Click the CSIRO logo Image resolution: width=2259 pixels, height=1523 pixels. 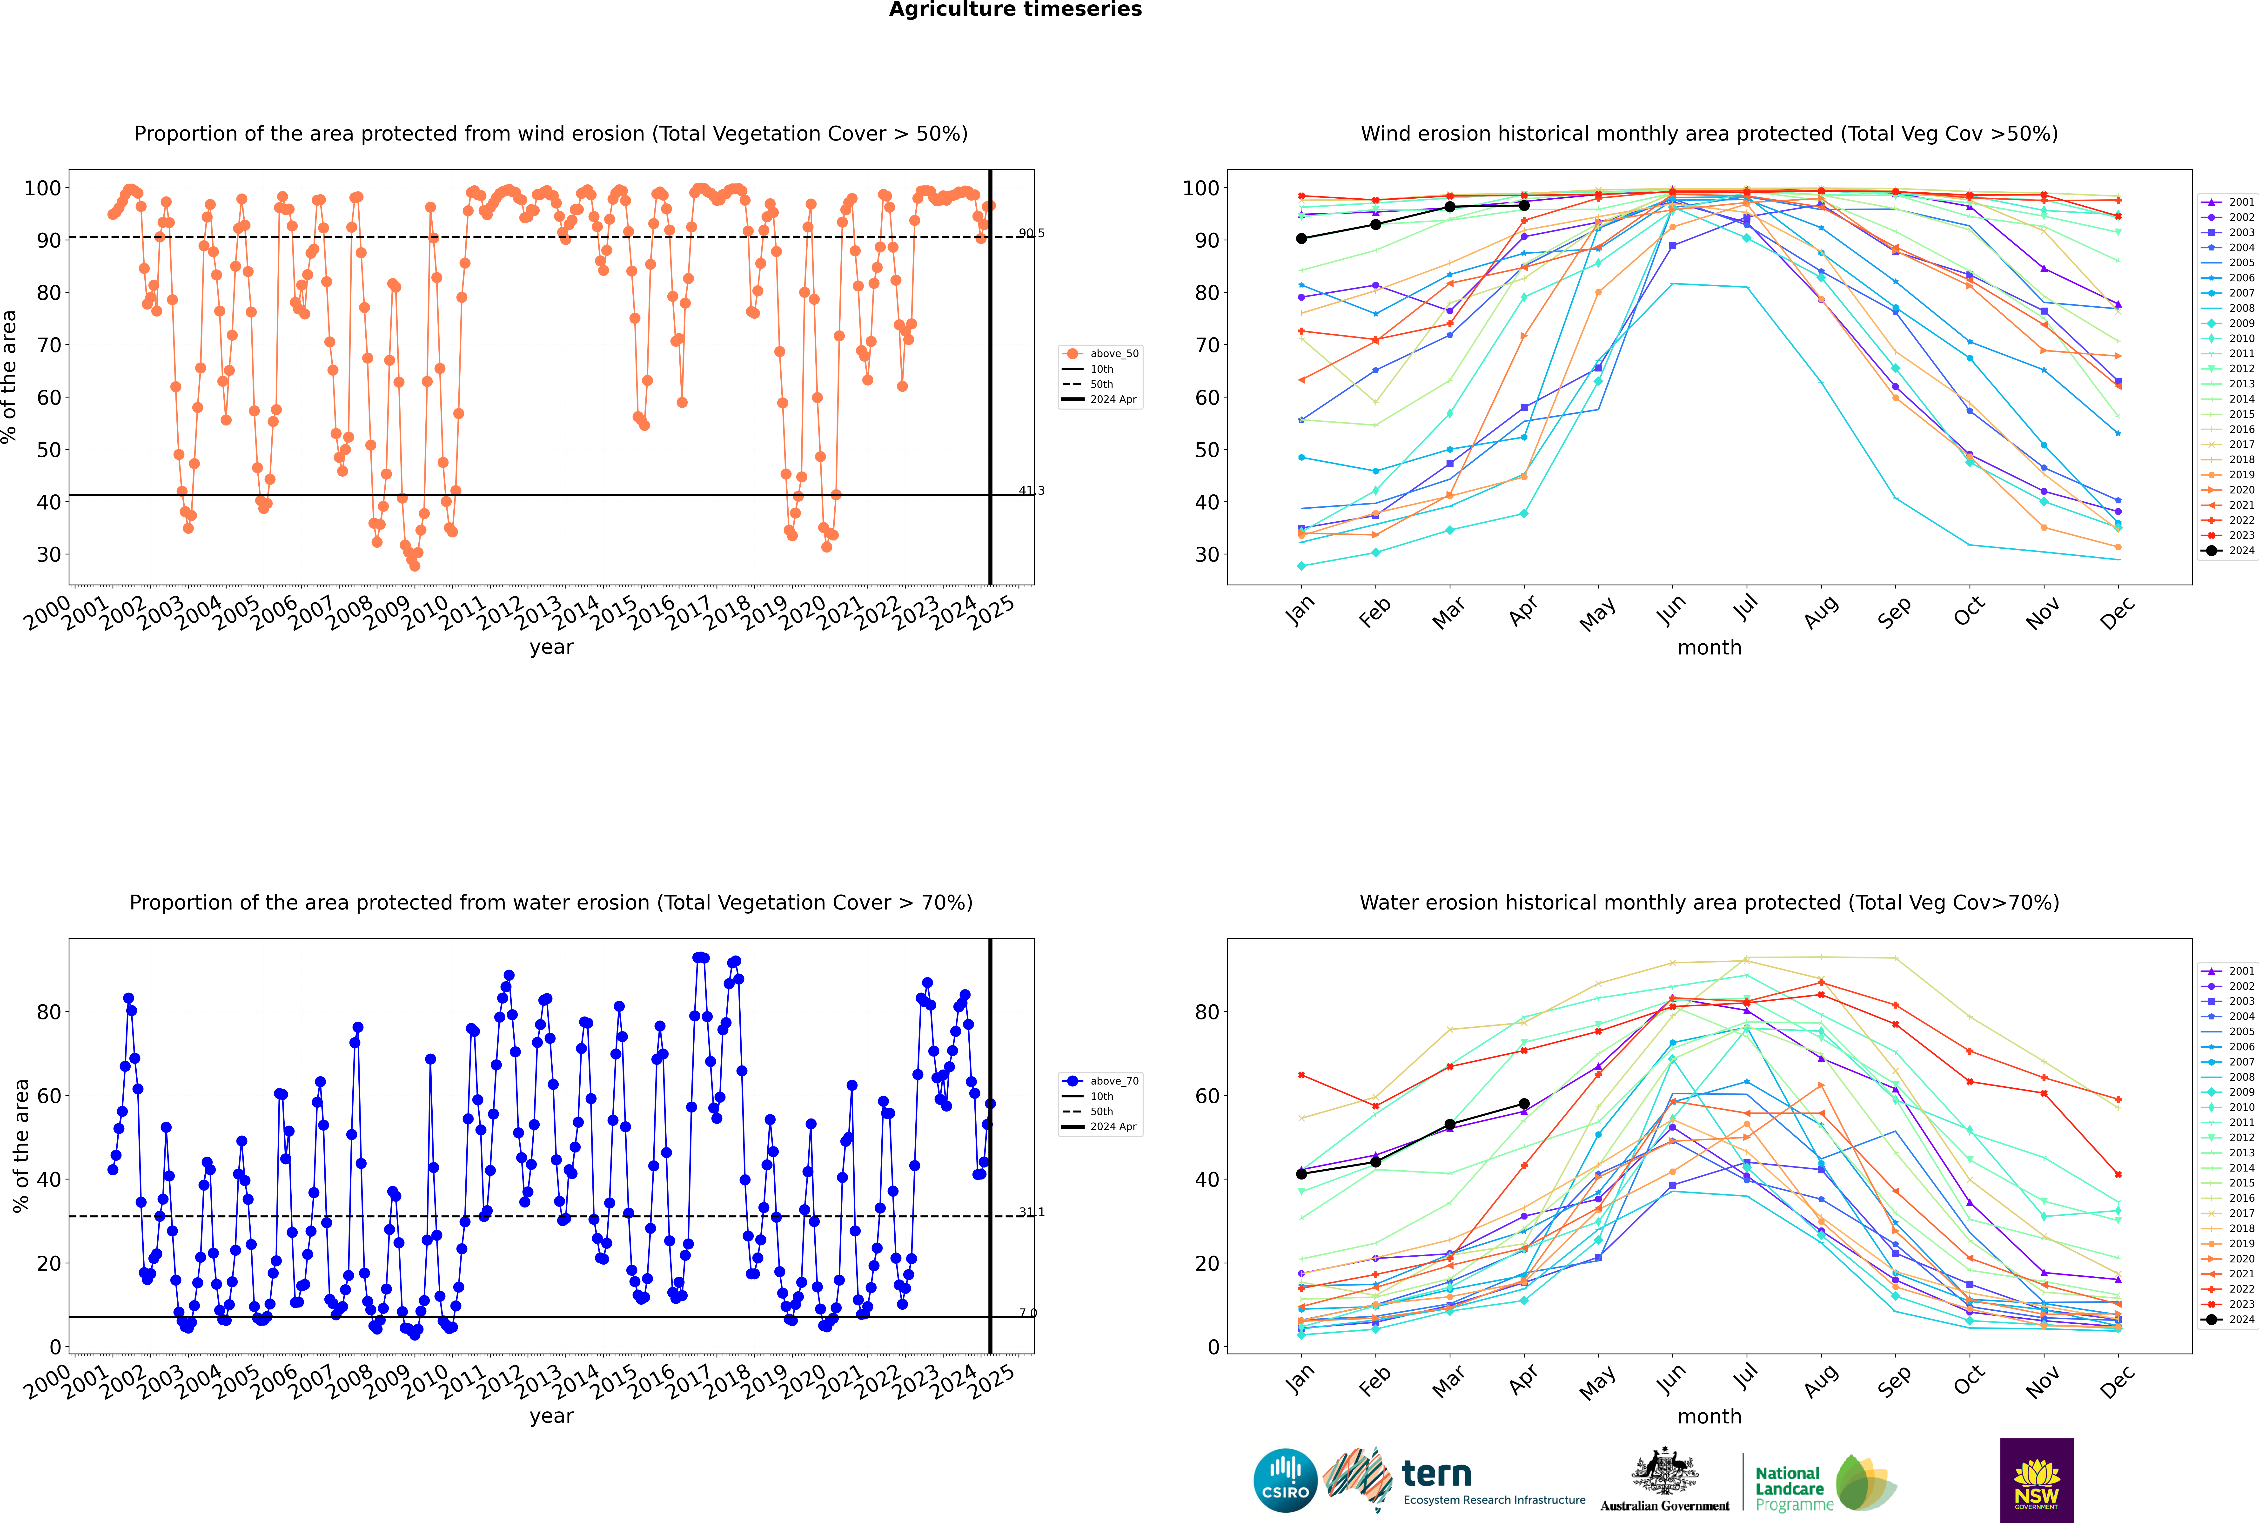click(x=1285, y=1480)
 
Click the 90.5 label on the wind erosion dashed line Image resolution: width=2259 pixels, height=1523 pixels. click(x=1032, y=233)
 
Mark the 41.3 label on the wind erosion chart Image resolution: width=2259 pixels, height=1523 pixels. click(x=1032, y=491)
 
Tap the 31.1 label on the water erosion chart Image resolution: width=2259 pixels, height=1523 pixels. click(x=1032, y=1212)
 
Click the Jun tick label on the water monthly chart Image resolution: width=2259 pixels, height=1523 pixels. click(x=1671, y=1380)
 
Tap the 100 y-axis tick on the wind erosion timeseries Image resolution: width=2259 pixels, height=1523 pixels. click(x=43, y=189)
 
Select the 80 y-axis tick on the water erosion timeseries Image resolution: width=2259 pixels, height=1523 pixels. click(x=48, y=1012)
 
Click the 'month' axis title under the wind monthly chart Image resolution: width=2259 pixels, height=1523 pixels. click(x=1709, y=648)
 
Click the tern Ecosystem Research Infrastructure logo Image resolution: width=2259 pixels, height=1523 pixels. click(x=1454, y=1481)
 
